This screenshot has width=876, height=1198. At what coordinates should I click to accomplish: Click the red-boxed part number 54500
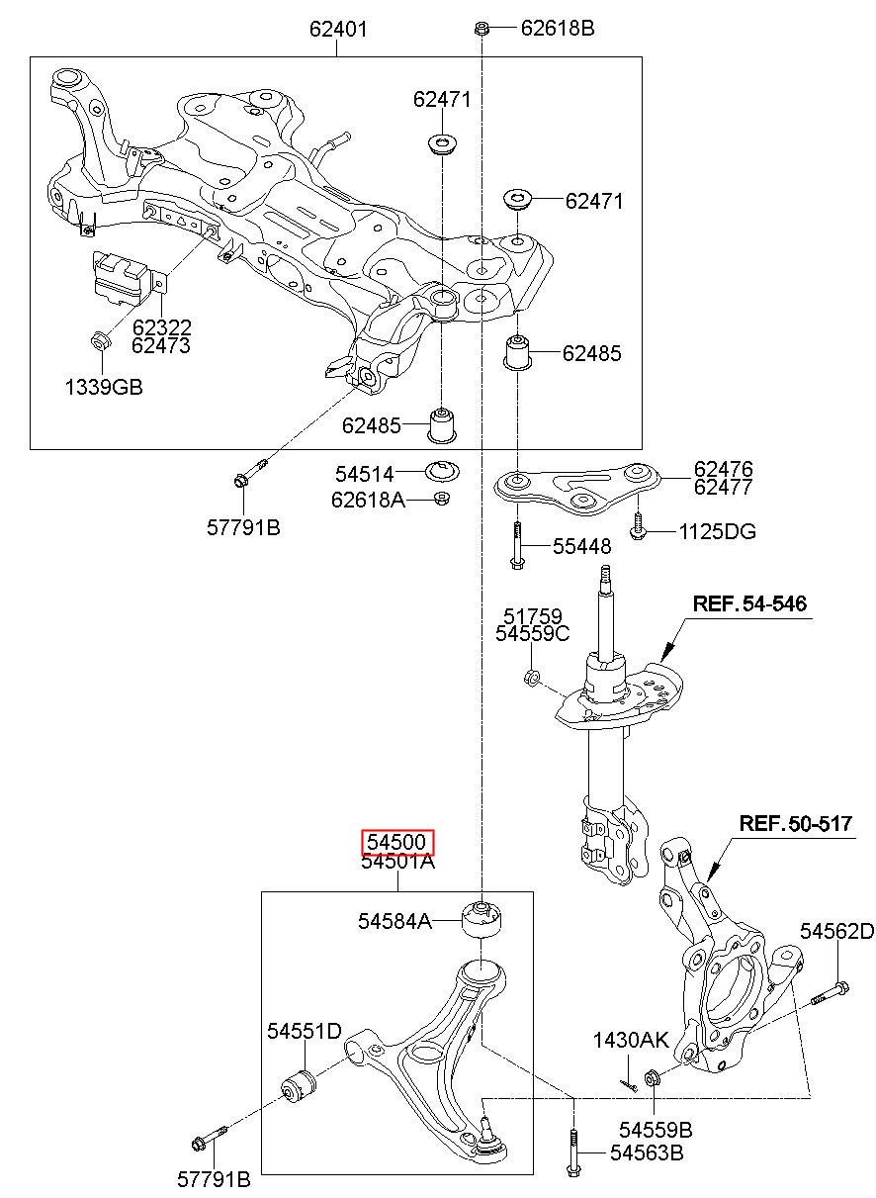pyautogui.click(x=398, y=842)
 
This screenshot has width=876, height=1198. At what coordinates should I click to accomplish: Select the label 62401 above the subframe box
pyautogui.click(x=338, y=29)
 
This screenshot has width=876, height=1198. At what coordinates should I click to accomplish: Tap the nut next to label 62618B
pyautogui.click(x=482, y=28)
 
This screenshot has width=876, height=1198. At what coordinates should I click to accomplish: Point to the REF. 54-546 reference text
pyautogui.click(x=749, y=603)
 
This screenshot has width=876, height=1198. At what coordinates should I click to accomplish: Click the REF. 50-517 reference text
pyautogui.click(x=795, y=823)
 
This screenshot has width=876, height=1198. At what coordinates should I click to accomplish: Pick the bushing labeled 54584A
pyautogui.click(x=482, y=920)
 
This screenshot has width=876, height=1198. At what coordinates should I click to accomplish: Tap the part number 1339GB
pyautogui.click(x=104, y=387)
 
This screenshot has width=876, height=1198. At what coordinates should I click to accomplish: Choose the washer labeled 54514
pyautogui.click(x=442, y=471)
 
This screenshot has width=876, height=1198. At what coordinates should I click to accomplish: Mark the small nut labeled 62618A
pyautogui.click(x=442, y=498)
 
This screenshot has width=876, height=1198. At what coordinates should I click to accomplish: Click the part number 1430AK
pyautogui.click(x=631, y=1040)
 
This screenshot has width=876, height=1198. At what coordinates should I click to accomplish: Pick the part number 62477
pyautogui.click(x=723, y=487)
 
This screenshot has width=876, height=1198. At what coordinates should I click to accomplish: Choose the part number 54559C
pyautogui.click(x=532, y=633)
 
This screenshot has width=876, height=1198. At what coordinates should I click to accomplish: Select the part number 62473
pyautogui.click(x=161, y=345)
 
